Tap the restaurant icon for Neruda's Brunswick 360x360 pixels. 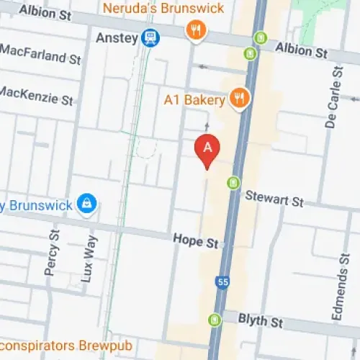(x=194, y=30)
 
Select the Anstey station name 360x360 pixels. (x=116, y=37)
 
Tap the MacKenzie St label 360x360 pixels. (x=36, y=94)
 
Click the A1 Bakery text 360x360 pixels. (x=194, y=99)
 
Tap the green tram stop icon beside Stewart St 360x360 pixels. (x=233, y=183)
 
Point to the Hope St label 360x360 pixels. (x=195, y=241)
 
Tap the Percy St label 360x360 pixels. (x=52, y=253)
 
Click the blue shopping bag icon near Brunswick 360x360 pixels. (x=87, y=204)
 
